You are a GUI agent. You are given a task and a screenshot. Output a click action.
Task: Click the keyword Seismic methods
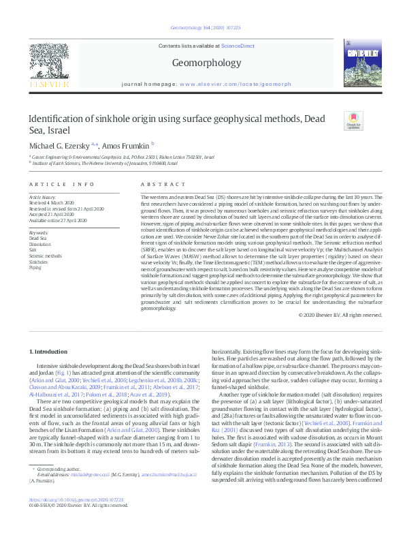point(44,256)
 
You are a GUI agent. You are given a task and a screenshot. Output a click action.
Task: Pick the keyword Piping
point(35,266)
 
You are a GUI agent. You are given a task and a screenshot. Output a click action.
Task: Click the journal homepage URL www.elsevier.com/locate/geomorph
point(235,84)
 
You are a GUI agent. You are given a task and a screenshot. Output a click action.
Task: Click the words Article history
point(42,196)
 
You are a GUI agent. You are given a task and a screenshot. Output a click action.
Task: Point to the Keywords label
point(39,232)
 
